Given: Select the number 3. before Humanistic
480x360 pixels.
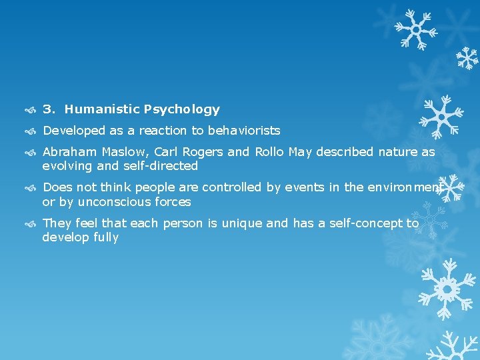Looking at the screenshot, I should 49,109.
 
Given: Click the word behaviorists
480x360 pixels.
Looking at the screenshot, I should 244,131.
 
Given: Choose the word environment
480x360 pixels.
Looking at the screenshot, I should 393,188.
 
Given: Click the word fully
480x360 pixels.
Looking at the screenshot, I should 105,237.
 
